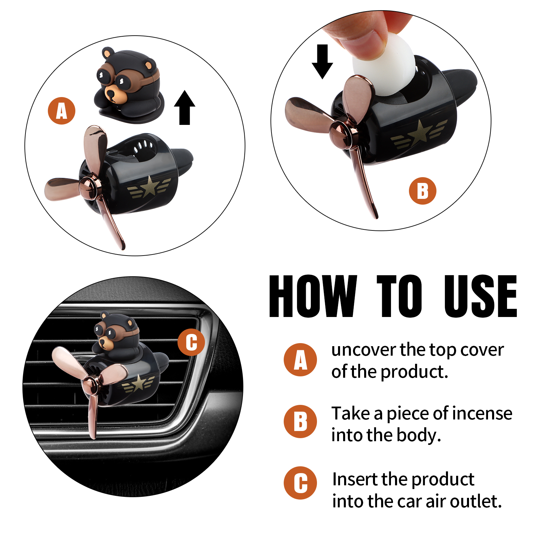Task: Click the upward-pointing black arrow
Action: [x=185, y=108]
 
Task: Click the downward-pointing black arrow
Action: [x=322, y=61]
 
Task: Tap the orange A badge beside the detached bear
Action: [x=61, y=111]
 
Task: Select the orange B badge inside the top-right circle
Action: [x=423, y=191]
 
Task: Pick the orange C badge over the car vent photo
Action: [x=191, y=342]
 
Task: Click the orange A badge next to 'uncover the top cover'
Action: [x=300, y=360]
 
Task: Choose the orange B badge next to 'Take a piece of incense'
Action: [x=300, y=422]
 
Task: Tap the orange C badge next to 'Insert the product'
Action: [x=300, y=483]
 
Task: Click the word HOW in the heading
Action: [x=313, y=296]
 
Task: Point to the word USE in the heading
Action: [x=481, y=296]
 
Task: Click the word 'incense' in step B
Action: [x=482, y=413]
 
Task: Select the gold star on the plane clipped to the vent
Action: [x=139, y=383]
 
